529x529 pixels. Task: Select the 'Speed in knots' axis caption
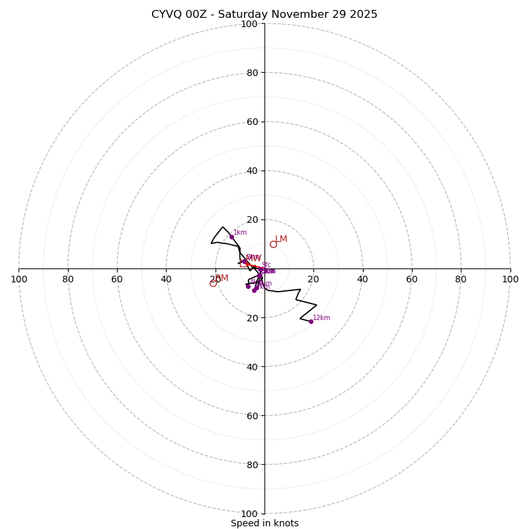pos(264,523)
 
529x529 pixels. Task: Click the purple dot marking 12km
pos(311,321)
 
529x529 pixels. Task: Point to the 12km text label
pos(321,318)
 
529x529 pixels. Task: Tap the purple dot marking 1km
pos(231,237)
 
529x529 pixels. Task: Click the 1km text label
pos(240,233)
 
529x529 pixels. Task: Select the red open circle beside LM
pos(273,244)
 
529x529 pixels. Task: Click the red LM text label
pos(282,239)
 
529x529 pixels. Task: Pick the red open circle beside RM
pos(213,283)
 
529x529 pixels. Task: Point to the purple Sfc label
pos(266,265)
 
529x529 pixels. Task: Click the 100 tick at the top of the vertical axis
pos(249,24)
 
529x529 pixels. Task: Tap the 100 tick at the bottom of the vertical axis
pos(249,513)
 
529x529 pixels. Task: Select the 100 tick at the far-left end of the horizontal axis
pos(19,279)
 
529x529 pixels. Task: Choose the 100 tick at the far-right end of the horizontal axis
pos(510,279)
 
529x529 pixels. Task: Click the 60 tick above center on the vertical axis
pos(251,122)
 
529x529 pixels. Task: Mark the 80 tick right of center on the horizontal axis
pos(461,279)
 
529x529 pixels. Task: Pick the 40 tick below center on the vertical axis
pos(251,366)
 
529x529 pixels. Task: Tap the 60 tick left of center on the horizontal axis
pos(117,279)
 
